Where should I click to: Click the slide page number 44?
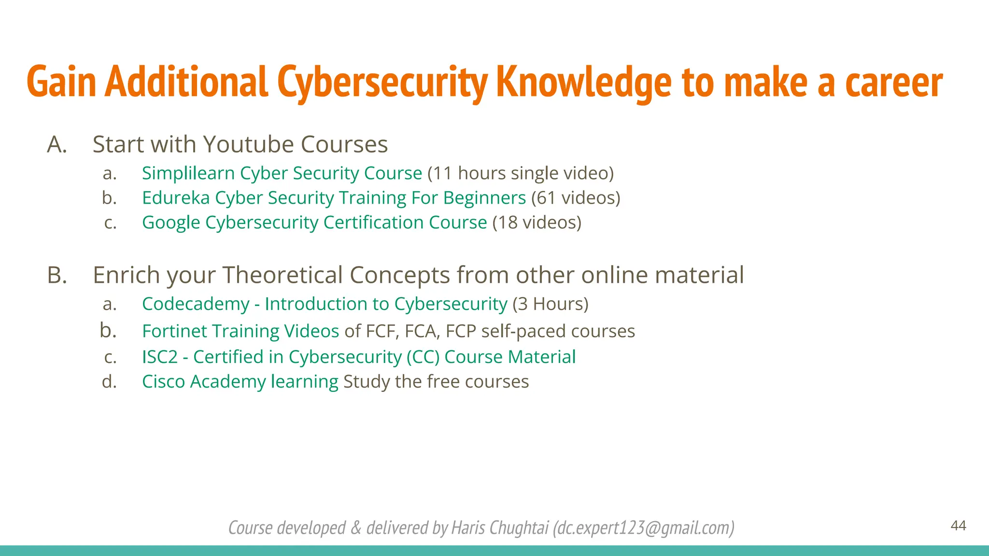point(958,526)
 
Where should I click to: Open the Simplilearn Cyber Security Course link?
point(282,173)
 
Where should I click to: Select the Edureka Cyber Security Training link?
point(334,198)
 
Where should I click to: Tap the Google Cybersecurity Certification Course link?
point(314,222)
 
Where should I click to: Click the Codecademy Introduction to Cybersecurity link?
point(325,304)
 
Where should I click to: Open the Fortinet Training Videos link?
point(240,331)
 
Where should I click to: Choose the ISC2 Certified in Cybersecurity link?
point(358,357)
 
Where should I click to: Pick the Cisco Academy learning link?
point(240,382)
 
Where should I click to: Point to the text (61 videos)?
point(576,198)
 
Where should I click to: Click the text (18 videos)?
point(537,222)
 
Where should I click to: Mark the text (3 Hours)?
point(551,304)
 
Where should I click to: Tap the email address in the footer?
point(644,528)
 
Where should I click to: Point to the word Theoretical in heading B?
point(283,275)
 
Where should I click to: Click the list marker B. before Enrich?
point(57,275)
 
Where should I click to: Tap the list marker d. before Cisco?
point(110,382)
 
